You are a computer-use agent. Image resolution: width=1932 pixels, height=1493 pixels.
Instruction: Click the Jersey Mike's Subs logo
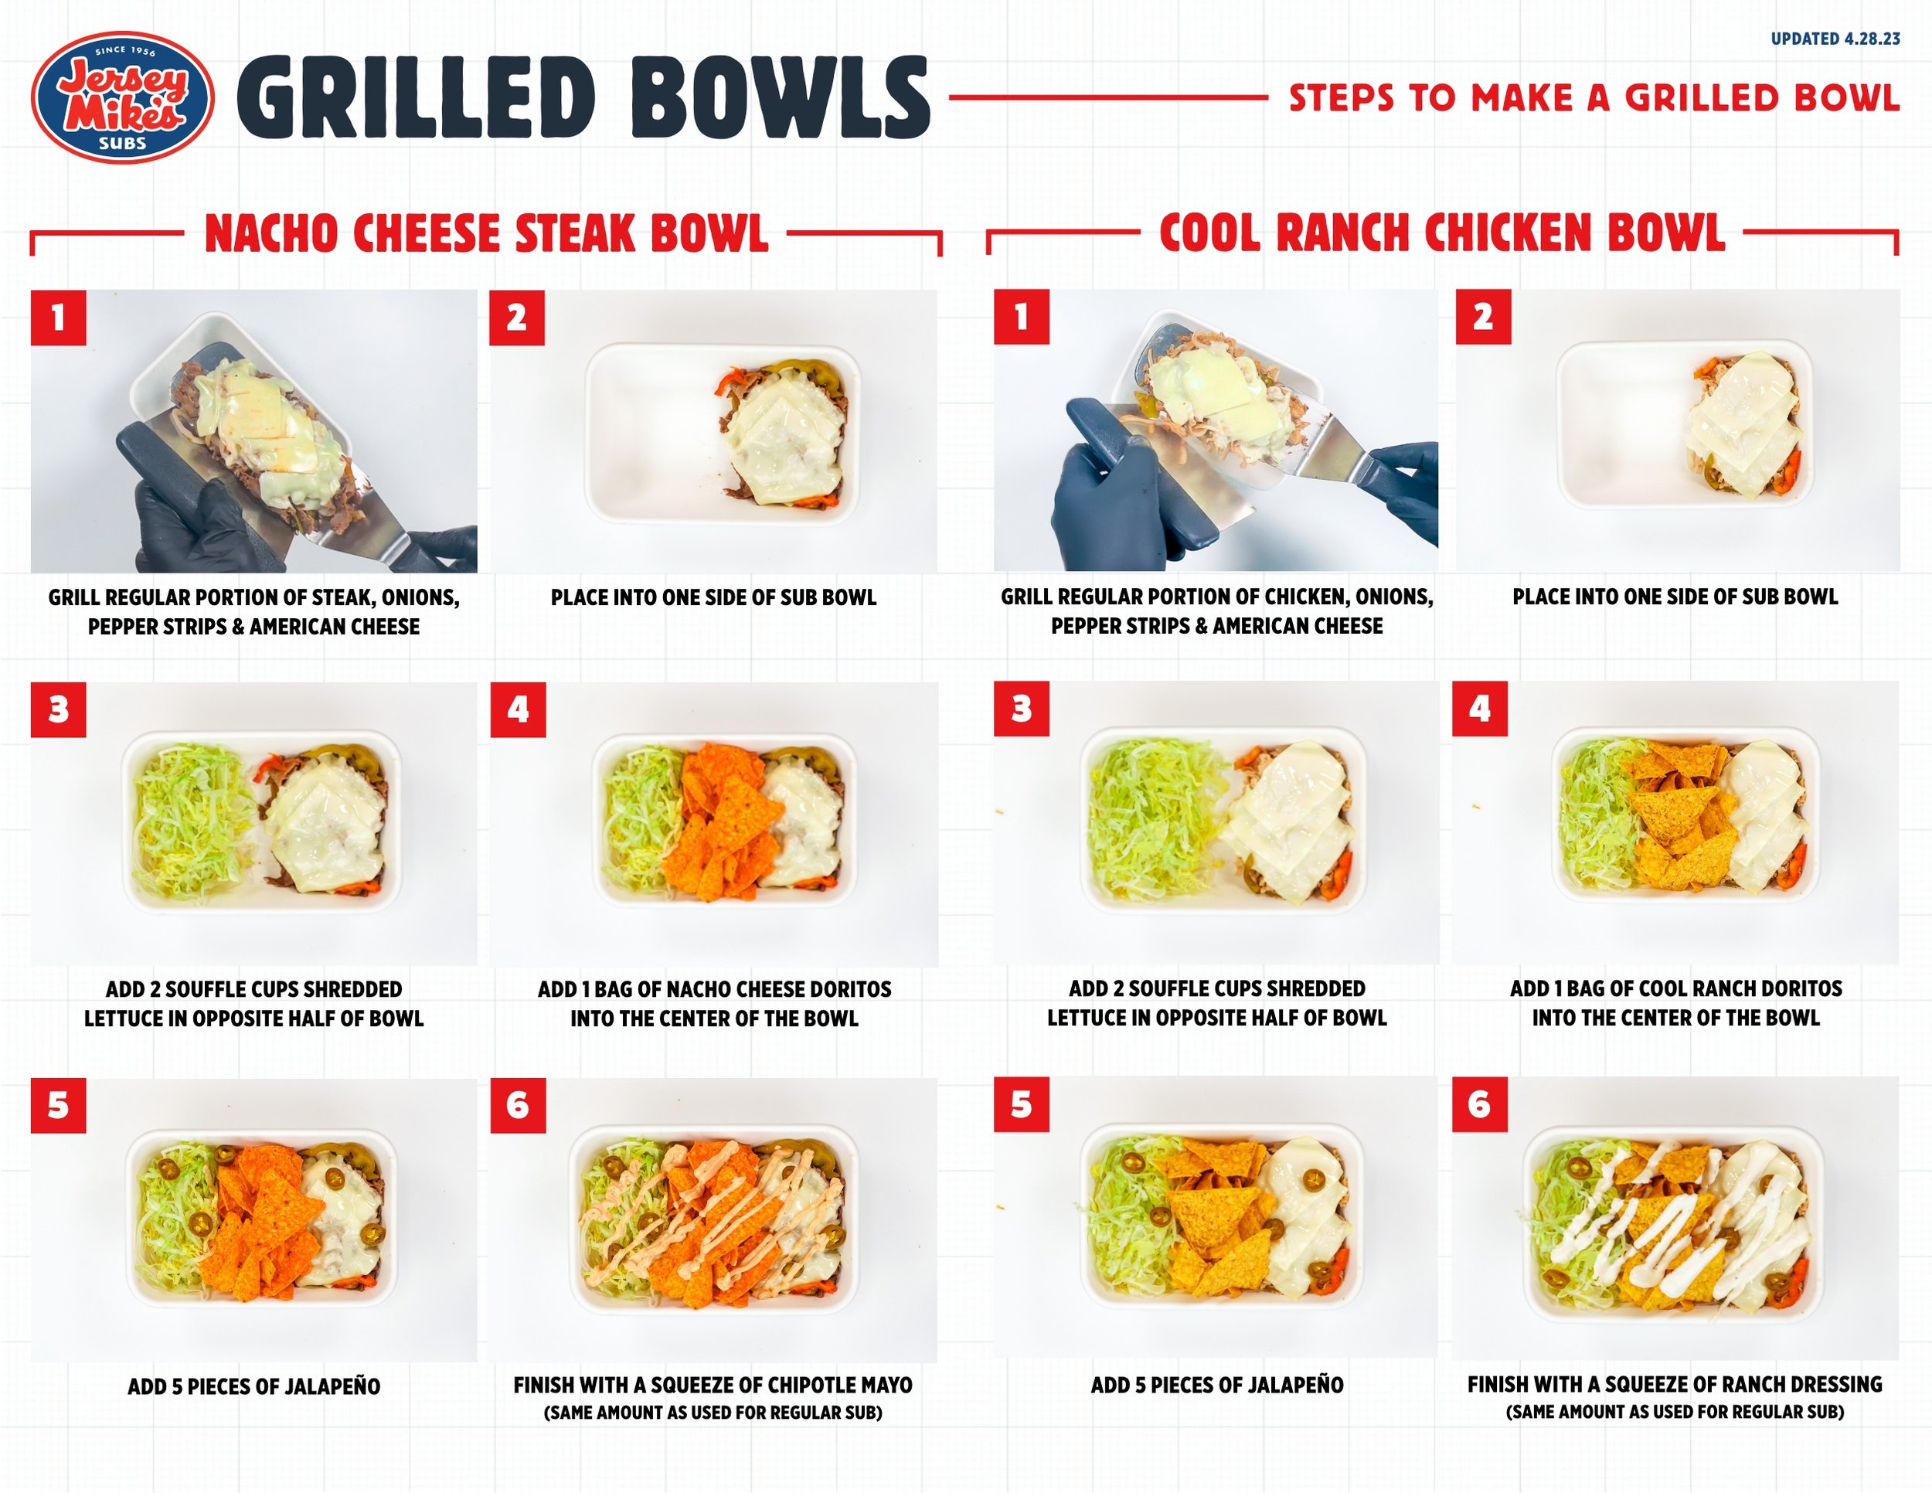[x=122, y=97]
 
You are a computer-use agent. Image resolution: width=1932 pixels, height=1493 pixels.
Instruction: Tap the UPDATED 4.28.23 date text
[x=1835, y=39]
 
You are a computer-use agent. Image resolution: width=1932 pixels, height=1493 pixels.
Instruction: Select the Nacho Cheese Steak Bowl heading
[x=487, y=233]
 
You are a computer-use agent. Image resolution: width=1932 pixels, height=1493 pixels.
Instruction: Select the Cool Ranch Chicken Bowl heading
[x=1442, y=233]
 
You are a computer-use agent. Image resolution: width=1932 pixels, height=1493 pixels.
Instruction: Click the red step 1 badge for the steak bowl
[x=59, y=318]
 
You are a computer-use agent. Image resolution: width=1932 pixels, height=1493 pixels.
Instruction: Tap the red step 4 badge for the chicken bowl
[x=1480, y=709]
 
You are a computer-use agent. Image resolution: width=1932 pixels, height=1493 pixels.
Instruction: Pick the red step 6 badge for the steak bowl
[x=519, y=1106]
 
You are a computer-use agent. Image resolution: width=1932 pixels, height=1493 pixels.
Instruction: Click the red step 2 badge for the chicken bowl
[x=1484, y=317]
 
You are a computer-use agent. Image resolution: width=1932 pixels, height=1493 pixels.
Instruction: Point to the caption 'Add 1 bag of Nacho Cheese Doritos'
[x=715, y=989]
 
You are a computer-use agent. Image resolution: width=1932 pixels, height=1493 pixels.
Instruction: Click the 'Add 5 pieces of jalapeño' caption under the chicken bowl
[x=1217, y=1385]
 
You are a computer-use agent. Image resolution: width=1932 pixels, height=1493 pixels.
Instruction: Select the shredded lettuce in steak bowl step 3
[x=193, y=821]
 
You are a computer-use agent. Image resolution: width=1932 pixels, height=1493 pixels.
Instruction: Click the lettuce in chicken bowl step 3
[x=1155, y=818]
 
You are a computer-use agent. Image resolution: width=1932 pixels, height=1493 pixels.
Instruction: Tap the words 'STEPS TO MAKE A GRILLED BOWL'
[x=1594, y=98]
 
